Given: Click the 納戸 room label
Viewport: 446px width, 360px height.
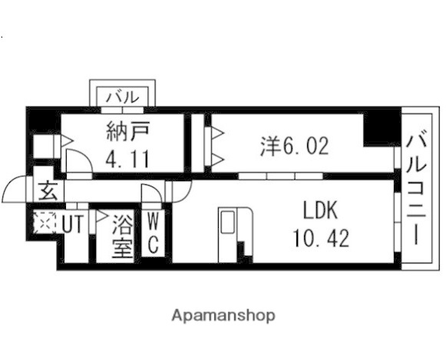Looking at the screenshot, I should click(x=127, y=132).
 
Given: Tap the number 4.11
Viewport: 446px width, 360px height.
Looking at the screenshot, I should click(x=127, y=161).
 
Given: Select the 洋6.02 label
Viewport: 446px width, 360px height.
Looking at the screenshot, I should click(x=294, y=145).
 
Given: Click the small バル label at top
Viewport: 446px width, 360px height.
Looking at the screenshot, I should click(x=123, y=97).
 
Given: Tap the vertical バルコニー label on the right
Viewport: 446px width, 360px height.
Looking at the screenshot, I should click(x=418, y=188).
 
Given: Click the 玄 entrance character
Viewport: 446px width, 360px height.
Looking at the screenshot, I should click(x=48, y=189).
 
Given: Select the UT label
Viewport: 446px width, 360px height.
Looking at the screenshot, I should click(x=72, y=224).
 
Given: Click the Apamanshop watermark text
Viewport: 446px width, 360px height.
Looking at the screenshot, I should click(x=223, y=315).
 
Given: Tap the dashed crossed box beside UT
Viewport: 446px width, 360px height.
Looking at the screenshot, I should click(x=45, y=223).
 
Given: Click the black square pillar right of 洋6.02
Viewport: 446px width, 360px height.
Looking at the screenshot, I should click(x=378, y=130).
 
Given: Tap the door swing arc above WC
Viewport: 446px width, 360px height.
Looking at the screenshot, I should click(x=150, y=195).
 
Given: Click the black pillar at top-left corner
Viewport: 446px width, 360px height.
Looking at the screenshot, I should click(x=38, y=123).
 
